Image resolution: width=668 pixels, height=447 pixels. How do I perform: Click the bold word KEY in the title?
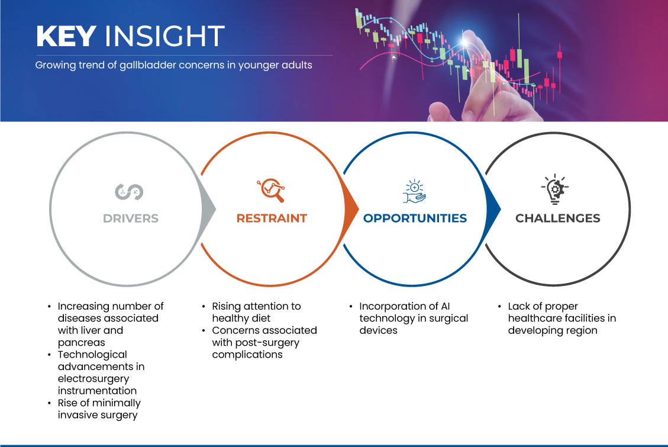tap(66, 36)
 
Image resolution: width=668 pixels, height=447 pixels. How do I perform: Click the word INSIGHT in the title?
tap(164, 36)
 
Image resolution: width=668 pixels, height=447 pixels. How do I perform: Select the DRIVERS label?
tap(131, 218)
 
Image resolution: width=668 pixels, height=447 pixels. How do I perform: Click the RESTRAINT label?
tap(272, 218)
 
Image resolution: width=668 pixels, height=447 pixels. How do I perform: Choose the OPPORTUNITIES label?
tap(415, 218)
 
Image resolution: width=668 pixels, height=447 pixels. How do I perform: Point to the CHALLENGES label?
tap(558, 218)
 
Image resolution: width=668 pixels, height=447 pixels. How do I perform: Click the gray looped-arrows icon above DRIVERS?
tap(129, 192)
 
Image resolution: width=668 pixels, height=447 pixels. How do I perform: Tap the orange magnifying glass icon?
tap(271, 190)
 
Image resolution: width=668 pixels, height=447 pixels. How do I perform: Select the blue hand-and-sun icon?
tap(414, 191)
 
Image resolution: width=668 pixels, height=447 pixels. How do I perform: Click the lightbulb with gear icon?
tap(554, 189)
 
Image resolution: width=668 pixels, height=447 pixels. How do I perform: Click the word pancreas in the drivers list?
tap(82, 343)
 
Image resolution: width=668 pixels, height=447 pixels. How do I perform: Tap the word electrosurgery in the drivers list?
tap(93, 379)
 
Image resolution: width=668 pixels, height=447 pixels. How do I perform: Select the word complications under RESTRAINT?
tap(247, 355)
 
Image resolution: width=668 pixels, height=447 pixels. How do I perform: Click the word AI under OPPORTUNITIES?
tap(445, 306)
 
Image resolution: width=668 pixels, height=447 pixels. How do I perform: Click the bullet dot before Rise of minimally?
tap(50, 403)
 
